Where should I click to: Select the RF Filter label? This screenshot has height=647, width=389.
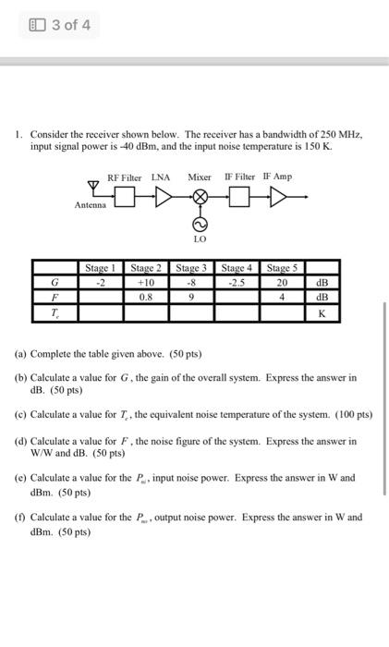124,177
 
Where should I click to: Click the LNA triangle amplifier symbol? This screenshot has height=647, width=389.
164,196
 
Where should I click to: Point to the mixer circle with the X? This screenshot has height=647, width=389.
199,196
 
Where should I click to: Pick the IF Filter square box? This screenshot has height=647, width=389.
238,196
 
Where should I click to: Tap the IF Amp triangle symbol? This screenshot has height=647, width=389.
275,196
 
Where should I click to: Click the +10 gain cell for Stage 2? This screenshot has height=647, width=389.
146,283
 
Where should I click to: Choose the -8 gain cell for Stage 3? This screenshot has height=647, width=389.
191,283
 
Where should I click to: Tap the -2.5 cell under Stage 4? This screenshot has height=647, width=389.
237,283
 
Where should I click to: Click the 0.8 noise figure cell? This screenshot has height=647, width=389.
146,298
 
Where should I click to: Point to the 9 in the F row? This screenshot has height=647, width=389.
191,298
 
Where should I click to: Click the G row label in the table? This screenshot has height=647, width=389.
55,283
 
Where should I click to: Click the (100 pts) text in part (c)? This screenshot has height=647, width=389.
353,415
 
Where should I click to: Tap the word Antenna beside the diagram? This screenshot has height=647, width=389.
91,205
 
